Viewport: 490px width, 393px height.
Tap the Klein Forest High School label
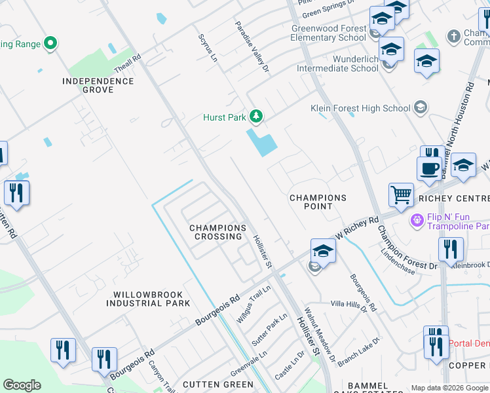click(x=360, y=108)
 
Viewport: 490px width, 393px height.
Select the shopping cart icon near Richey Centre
click(x=400, y=195)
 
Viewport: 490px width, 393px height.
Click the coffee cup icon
click(x=428, y=168)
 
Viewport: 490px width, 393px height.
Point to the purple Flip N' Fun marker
click(x=415, y=219)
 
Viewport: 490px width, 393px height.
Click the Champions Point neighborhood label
click(x=318, y=202)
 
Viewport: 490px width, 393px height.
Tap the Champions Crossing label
click(x=217, y=232)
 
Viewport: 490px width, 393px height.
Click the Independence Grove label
click(x=98, y=85)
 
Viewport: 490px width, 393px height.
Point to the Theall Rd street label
click(x=127, y=64)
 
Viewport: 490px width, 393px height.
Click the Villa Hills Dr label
click(x=349, y=303)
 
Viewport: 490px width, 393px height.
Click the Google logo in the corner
click(x=22, y=385)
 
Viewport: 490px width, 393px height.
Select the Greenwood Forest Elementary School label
click(x=328, y=33)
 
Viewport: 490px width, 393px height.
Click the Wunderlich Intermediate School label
click(x=337, y=64)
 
